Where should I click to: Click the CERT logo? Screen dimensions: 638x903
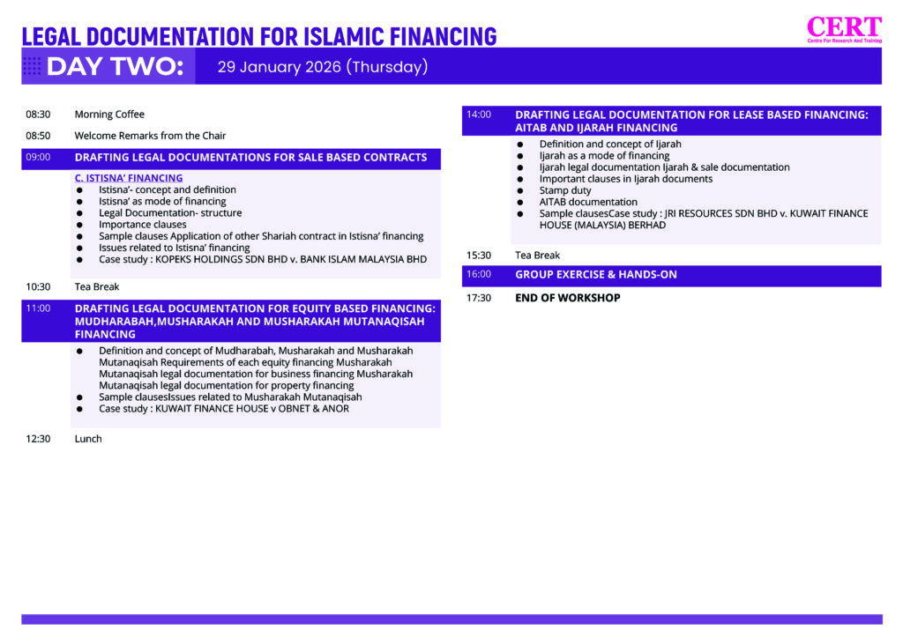[844, 29]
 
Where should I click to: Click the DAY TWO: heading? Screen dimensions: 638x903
[115, 67]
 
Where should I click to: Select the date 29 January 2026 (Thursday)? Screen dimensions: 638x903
[323, 67]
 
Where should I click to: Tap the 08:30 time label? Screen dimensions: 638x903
[38, 115]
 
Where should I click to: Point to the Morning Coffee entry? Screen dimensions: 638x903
[109, 115]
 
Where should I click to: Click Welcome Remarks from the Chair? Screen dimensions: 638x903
[150, 136]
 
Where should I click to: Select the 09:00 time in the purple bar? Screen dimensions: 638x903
[38, 158]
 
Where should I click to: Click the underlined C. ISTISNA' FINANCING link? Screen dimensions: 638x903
[129, 178]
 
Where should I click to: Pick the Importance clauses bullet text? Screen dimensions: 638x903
[143, 225]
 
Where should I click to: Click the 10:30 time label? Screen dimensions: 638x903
[38, 287]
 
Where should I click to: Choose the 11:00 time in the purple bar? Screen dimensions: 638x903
[38, 309]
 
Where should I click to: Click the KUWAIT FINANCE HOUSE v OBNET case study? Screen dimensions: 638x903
[224, 409]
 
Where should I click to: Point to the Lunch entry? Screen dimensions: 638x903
[88, 439]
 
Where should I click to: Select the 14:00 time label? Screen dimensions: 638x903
[479, 115]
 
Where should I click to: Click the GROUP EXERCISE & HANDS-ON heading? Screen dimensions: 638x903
[596, 275]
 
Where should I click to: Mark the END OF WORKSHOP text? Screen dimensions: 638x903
[568, 298]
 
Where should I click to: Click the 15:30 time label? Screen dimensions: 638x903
[479, 256]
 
